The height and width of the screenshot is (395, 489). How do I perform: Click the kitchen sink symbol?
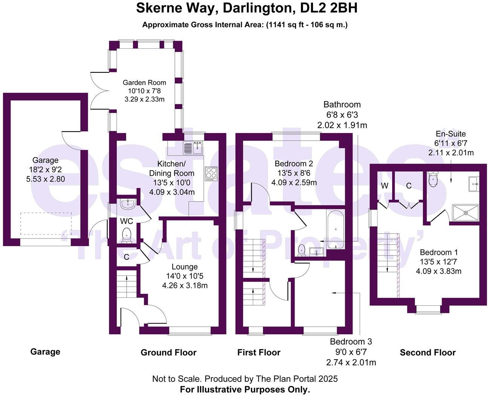[193, 148]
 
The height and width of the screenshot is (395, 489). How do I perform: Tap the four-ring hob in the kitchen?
[211, 174]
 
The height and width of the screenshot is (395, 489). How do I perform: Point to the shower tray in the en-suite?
[466, 213]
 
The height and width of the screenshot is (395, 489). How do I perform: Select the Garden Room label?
[144, 83]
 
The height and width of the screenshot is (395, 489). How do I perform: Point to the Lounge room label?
[185, 267]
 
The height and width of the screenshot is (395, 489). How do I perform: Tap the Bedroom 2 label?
[294, 164]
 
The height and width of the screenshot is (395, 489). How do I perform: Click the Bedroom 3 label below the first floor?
[351, 342]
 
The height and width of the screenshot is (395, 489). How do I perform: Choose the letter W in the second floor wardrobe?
[384, 185]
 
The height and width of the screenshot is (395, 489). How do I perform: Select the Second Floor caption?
[428, 353]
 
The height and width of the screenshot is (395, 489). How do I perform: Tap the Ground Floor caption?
[168, 353]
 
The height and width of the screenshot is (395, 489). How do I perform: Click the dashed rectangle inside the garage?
[46, 224]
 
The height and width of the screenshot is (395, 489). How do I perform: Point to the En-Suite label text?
[451, 134]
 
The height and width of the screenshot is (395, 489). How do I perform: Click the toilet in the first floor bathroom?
[302, 250]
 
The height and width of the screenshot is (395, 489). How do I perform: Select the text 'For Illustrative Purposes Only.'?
[245, 389]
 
